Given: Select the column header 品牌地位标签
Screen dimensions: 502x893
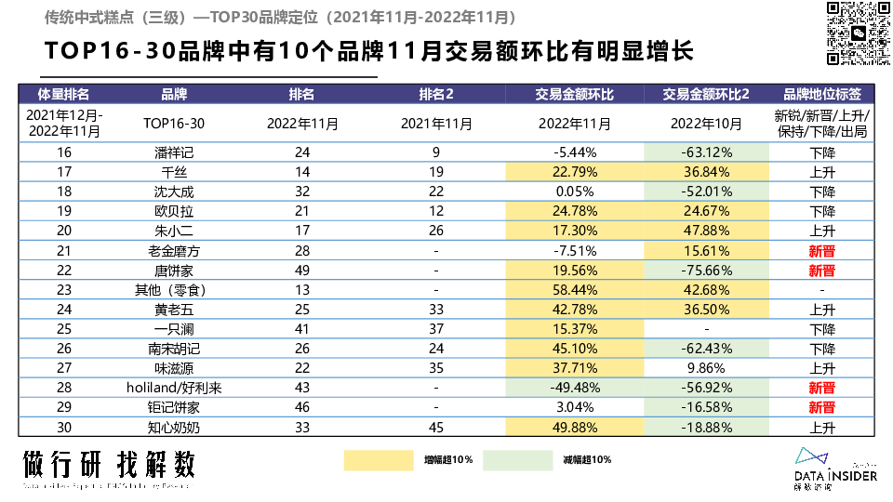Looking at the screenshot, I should coord(822,94).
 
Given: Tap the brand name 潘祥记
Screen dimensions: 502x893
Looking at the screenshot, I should coord(174,152).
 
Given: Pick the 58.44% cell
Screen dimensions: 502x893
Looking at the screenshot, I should coord(575,290).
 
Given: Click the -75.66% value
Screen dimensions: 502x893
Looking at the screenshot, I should coord(706,271).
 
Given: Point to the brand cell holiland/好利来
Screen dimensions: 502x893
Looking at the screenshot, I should coord(174,388).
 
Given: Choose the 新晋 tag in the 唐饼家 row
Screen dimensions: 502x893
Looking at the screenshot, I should coord(822,271).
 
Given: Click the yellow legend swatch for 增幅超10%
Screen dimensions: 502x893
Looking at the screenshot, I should coord(377,459).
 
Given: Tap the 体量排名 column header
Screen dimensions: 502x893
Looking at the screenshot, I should coord(64,94).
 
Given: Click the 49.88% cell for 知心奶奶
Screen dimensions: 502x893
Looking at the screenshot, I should coord(575,427).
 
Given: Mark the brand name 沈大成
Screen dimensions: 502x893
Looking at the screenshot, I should coord(174,192).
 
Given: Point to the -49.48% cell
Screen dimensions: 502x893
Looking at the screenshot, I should coord(575,388).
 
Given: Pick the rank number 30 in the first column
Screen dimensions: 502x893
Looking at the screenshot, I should coord(64,427).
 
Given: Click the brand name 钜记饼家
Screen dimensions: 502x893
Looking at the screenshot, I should coord(174,407).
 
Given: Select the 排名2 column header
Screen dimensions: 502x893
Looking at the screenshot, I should coord(436,94).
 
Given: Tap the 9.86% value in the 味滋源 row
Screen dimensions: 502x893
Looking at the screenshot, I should coord(706,368).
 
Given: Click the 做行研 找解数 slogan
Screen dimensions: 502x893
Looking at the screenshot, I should coord(110,463).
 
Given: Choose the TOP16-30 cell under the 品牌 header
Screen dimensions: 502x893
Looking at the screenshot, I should coord(174,123).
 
